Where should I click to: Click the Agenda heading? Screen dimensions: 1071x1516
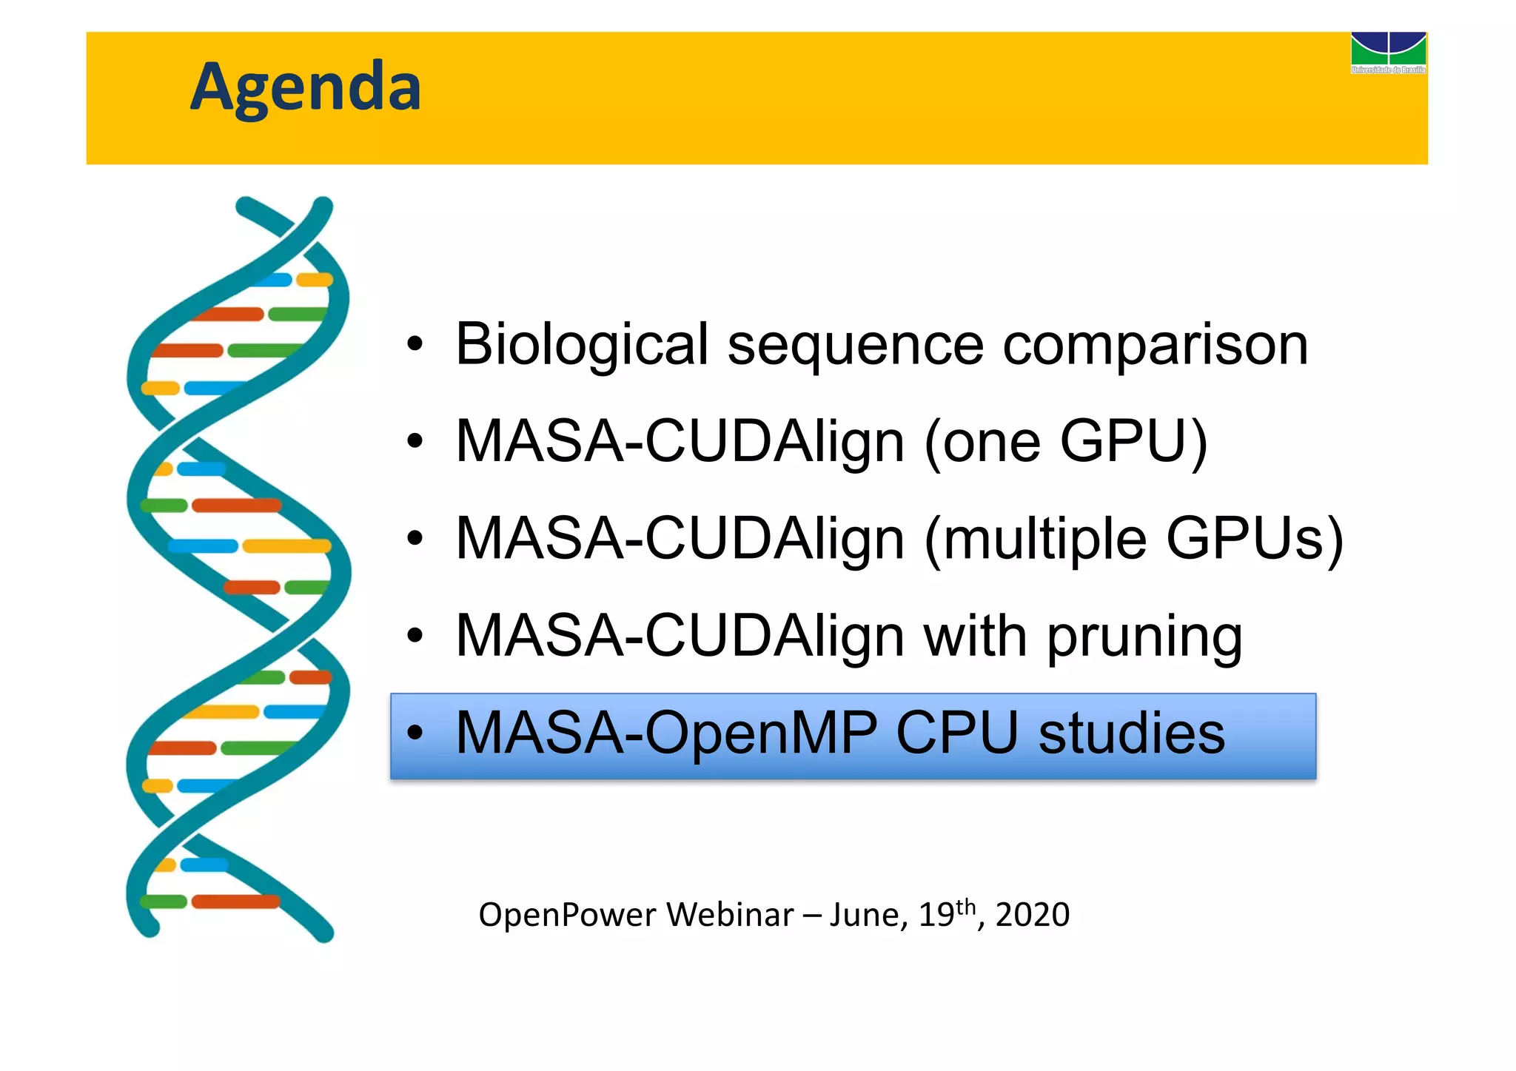coord(305,87)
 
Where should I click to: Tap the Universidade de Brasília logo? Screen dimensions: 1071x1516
coord(1388,52)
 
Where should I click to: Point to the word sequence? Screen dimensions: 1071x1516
coord(855,346)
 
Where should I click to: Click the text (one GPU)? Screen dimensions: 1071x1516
coord(1066,442)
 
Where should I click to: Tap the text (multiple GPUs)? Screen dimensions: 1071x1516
coord(1133,539)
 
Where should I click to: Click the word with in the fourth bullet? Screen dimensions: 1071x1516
coord(975,636)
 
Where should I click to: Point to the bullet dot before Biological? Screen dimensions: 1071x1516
coord(415,345)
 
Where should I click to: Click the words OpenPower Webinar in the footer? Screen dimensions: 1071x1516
coord(636,915)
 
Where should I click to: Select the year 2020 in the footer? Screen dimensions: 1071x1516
coord(1032,915)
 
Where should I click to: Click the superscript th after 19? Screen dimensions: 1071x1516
coord(966,906)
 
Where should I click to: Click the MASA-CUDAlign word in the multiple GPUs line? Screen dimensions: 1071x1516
coord(680,539)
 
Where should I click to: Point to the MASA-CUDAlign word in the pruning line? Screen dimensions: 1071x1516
coord(680,637)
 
